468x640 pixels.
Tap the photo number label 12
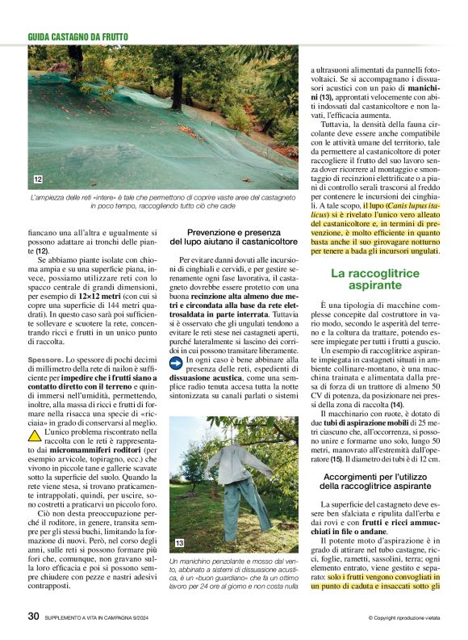click(x=38, y=179)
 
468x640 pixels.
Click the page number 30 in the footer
click(x=33, y=616)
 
